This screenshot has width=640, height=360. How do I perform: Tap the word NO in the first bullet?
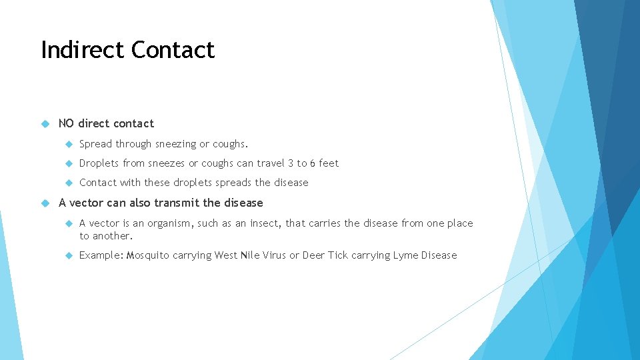66,123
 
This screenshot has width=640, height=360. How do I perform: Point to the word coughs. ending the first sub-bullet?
230,144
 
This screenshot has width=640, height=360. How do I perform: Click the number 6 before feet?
313,163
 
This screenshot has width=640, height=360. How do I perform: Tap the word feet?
329,163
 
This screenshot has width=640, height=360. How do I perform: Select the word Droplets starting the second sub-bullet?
99,163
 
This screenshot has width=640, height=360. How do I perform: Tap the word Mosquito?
148,255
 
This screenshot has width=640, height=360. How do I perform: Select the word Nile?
250,255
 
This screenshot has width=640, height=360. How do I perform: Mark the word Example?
101,255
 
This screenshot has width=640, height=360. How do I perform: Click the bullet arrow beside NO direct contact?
46,123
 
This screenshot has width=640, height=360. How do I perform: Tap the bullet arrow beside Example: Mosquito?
67,255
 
